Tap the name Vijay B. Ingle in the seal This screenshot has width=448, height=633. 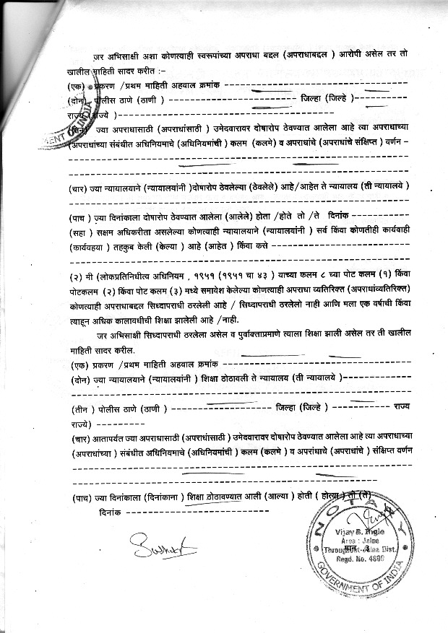(x=356, y=532)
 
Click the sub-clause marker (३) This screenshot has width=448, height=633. (x=196, y=292)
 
